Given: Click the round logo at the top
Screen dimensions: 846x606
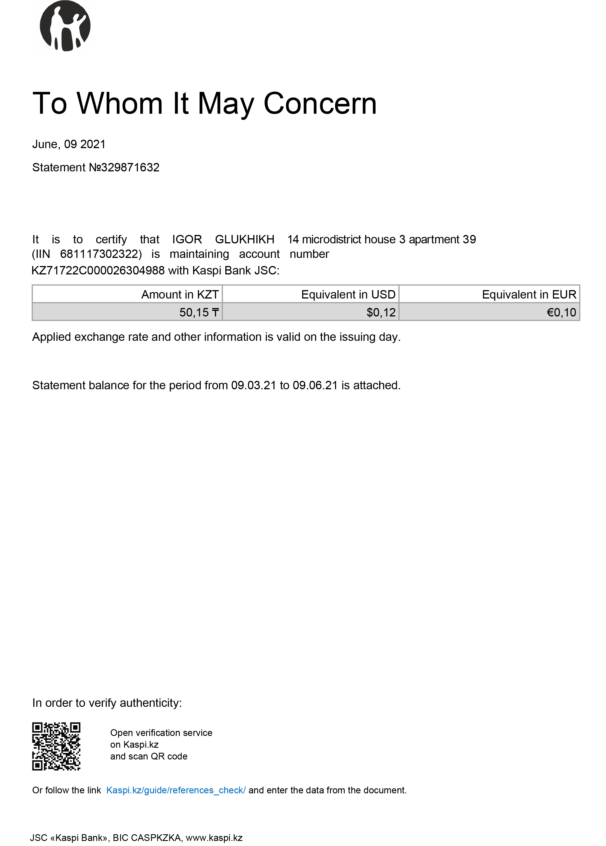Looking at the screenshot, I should click(65, 26).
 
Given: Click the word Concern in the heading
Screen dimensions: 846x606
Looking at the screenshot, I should click(320, 103).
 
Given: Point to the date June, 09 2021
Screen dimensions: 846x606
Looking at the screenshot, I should click(69, 144).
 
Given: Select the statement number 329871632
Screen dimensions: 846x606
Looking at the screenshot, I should click(130, 167).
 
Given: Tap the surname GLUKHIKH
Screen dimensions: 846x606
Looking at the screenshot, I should click(245, 239).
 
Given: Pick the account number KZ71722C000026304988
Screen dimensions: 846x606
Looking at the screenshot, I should click(98, 271).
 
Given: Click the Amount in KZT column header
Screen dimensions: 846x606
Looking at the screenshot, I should click(180, 295).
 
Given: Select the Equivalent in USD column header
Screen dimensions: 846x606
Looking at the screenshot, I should click(348, 295).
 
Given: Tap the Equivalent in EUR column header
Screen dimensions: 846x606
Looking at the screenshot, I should click(529, 295).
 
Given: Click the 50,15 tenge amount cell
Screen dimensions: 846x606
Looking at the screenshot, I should click(199, 312).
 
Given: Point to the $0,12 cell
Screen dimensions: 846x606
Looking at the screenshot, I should click(381, 312).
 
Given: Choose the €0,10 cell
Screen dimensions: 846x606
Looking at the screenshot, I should click(561, 312).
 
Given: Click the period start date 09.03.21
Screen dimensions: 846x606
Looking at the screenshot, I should click(254, 385).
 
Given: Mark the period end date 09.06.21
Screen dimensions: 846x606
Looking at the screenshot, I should click(315, 385).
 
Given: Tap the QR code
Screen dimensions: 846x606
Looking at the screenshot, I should click(56, 746).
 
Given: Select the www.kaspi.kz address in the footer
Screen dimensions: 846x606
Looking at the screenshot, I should click(214, 838).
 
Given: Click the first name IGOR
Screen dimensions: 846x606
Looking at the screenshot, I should click(187, 239).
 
